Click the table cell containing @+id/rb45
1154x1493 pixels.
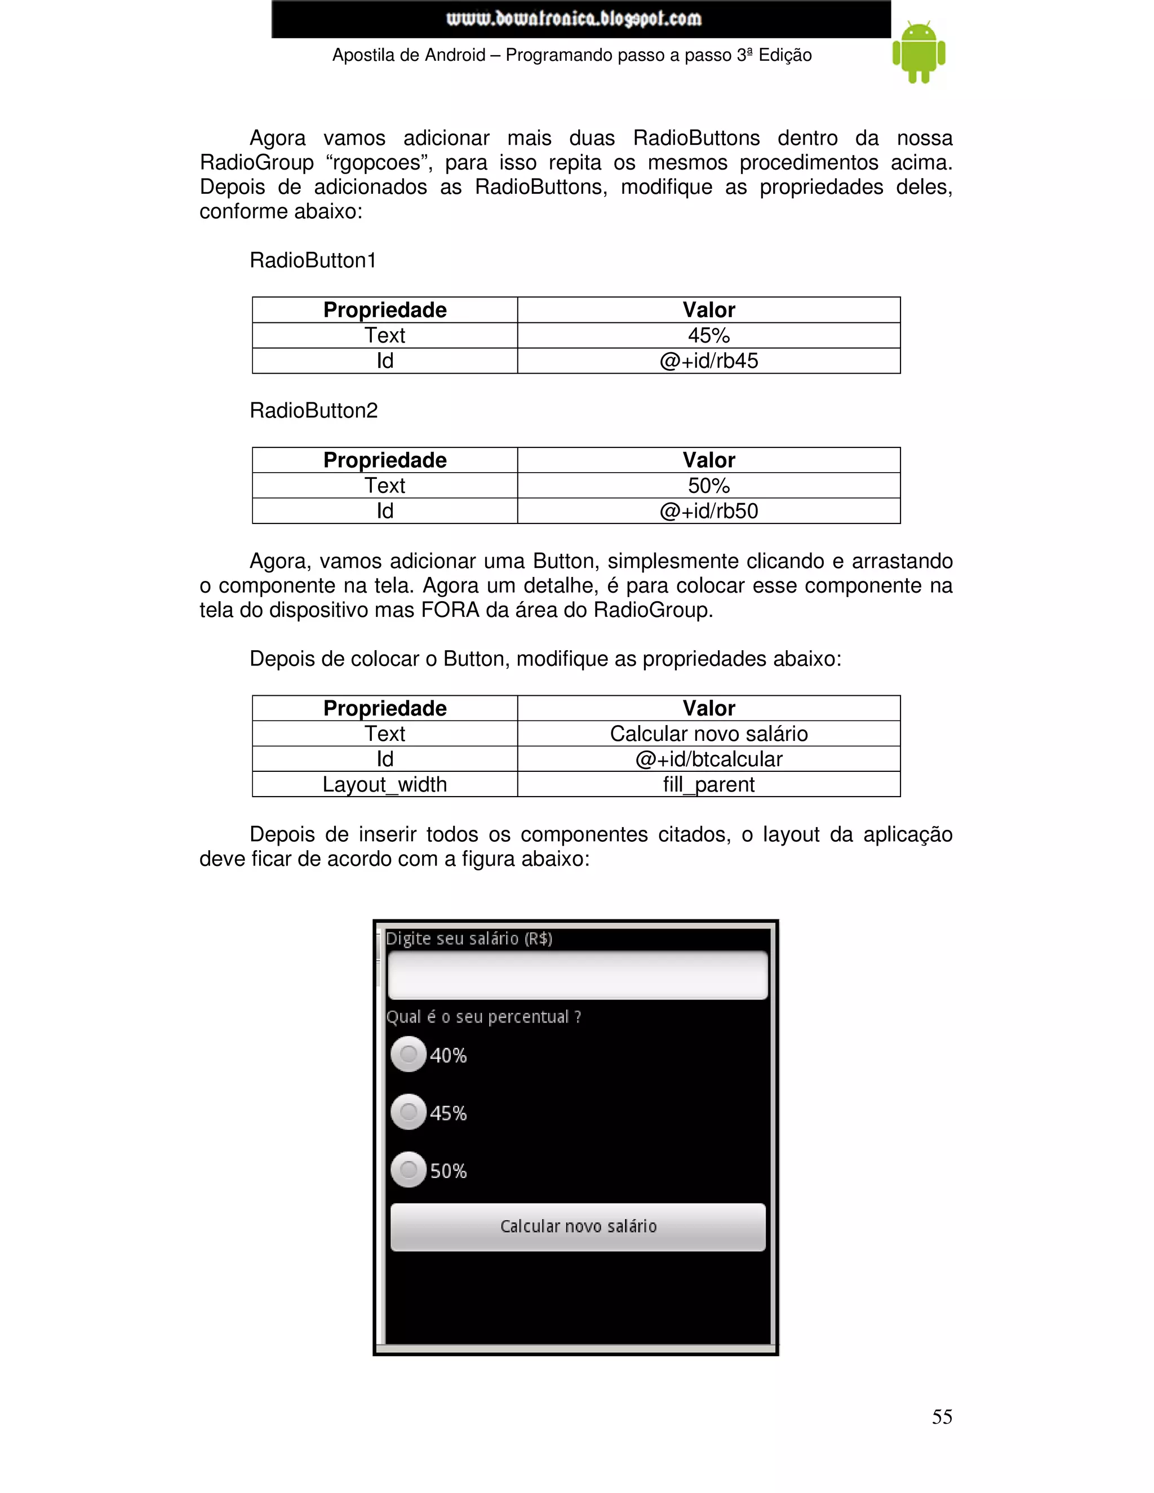click(708, 361)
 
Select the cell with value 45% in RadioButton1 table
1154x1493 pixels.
click(708, 336)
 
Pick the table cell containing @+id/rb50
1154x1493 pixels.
click(708, 510)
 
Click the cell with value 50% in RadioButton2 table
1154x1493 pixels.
click(708, 485)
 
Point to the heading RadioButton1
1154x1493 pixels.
click(313, 260)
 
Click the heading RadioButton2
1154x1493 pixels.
click(314, 410)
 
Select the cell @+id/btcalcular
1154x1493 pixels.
click(708, 759)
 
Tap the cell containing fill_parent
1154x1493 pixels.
click(708, 784)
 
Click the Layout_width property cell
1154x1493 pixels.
click(384, 784)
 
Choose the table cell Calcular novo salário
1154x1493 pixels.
click(708, 734)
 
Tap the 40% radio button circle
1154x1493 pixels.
click(408, 1054)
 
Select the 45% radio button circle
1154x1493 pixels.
click(408, 1112)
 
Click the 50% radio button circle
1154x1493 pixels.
click(408, 1170)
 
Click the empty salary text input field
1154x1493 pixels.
click(578, 975)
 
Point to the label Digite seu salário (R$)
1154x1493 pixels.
click(469, 939)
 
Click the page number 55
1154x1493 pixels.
click(942, 1416)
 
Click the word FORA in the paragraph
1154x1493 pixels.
click(450, 610)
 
